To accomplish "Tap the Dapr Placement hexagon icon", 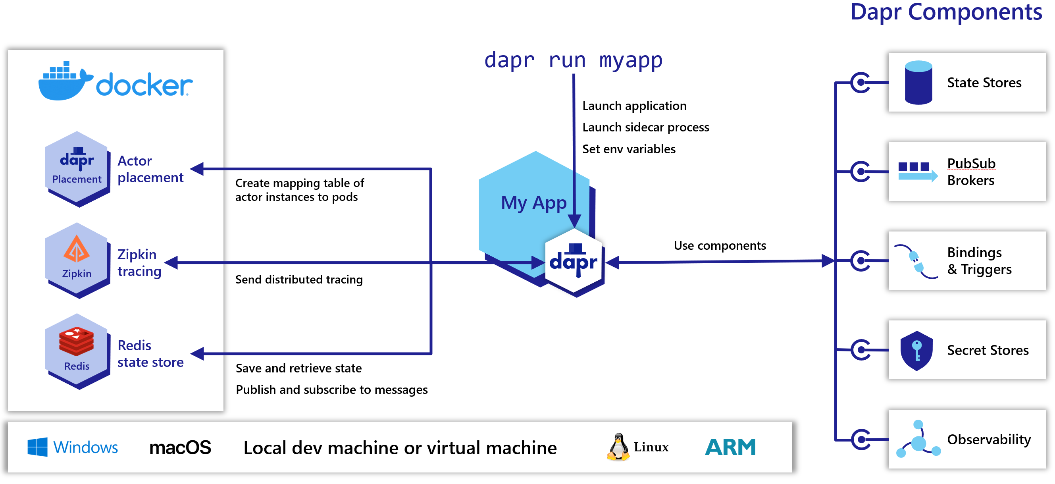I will [77, 168].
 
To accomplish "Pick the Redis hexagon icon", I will [77, 351].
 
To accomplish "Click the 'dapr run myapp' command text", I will [573, 61].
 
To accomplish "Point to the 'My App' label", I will [533, 203].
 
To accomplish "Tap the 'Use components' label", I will [720, 245].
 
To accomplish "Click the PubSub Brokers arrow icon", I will [917, 171].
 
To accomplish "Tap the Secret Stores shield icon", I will [916, 351].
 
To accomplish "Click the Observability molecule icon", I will [918, 439].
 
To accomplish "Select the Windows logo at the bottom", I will [37, 447].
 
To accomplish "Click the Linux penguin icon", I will [618, 447].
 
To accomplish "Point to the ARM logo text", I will [730, 447].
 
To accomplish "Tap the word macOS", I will [180, 447].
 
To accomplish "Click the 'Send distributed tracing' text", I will [299, 280].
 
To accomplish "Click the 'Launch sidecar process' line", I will [645, 127].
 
